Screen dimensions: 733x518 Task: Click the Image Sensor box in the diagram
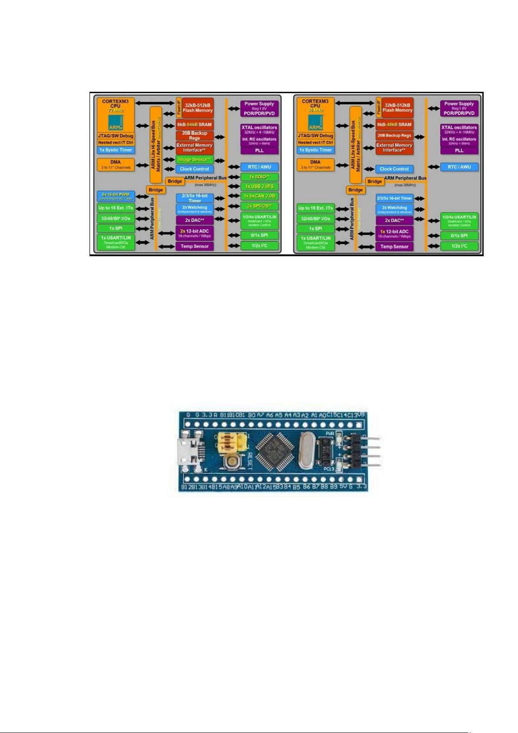pyautogui.click(x=194, y=160)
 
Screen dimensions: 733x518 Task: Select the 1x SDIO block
pyautogui.click(x=259, y=177)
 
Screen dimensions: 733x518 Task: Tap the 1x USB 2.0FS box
pyautogui.click(x=259, y=187)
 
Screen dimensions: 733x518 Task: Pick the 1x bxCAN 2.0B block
pyautogui.click(x=259, y=196)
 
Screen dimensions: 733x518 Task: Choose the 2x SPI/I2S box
pyautogui.click(x=259, y=206)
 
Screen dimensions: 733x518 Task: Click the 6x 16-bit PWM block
pyautogui.click(x=116, y=196)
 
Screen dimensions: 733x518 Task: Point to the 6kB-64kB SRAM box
pyautogui.click(x=194, y=124)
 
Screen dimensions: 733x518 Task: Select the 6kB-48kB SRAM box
pyautogui.click(x=394, y=124)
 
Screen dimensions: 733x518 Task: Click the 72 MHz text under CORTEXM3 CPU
pyautogui.click(x=116, y=110)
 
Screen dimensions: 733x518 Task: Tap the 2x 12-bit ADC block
pyautogui.click(x=194, y=233)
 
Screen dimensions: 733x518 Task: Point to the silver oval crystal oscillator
pyautogui.click(x=306, y=452)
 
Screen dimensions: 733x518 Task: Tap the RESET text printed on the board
pyautogui.click(x=250, y=461)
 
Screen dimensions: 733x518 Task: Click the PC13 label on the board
pyautogui.click(x=329, y=469)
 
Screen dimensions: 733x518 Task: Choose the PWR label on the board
pyautogui.click(x=330, y=434)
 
